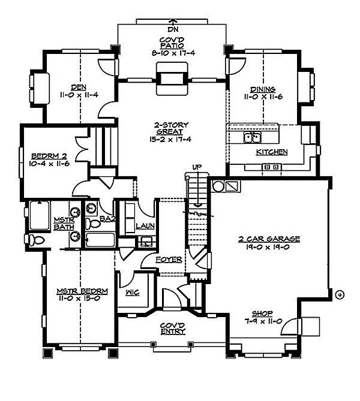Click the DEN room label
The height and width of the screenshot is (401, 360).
(x=79, y=87)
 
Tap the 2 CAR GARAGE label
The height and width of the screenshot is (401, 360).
(x=269, y=239)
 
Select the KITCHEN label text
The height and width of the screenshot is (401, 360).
(x=272, y=152)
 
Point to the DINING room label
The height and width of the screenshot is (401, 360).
(x=263, y=89)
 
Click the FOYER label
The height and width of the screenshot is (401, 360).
(x=169, y=260)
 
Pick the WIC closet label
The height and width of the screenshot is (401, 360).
(x=133, y=292)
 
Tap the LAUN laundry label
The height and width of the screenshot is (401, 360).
(x=145, y=226)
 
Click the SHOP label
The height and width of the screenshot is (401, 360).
(x=262, y=313)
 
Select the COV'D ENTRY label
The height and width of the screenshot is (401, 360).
(x=173, y=328)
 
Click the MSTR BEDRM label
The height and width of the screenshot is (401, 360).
(x=82, y=291)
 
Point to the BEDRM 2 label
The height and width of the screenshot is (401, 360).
(x=49, y=156)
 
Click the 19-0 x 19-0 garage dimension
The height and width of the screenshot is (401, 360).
(x=268, y=247)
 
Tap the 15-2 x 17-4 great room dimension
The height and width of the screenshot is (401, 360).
(x=170, y=140)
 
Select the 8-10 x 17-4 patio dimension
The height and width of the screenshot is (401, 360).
(x=173, y=53)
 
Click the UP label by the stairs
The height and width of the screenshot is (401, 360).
(x=197, y=167)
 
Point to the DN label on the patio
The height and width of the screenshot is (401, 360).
(x=173, y=29)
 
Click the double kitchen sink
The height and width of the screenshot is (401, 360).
(x=252, y=137)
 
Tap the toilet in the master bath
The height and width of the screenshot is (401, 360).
(x=35, y=240)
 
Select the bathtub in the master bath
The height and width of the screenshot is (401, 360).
(x=40, y=215)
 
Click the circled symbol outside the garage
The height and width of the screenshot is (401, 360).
(x=340, y=295)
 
